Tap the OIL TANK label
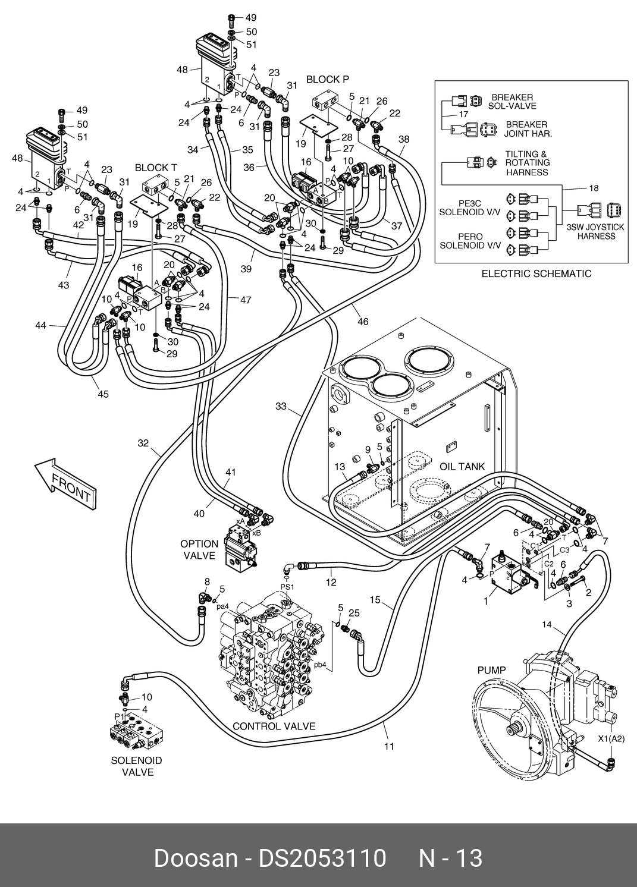pyautogui.click(x=462, y=467)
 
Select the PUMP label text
pyautogui.click(x=491, y=671)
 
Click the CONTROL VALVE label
pyautogui.click(x=274, y=726)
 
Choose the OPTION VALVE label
pyautogui.click(x=199, y=549)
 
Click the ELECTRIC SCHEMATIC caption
pyautogui.click(x=536, y=273)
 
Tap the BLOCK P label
pyautogui.click(x=327, y=79)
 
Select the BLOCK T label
pyautogui.click(x=156, y=168)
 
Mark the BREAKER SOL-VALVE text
pyautogui.click(x=512, y=102)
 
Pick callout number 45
pyautogui.click(x=103, y=394)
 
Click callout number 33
pyautogui.click(x=281, y=407)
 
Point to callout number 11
pyautogui.click(x=389, y=746)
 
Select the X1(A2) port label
pyautogui.click(x=611, y=738)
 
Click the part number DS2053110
pyautogui.click(x=321, y=858)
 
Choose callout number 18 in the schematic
pyautogui.click(x=594, y=188)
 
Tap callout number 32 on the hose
pyautogui.click(x=143, y=442)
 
